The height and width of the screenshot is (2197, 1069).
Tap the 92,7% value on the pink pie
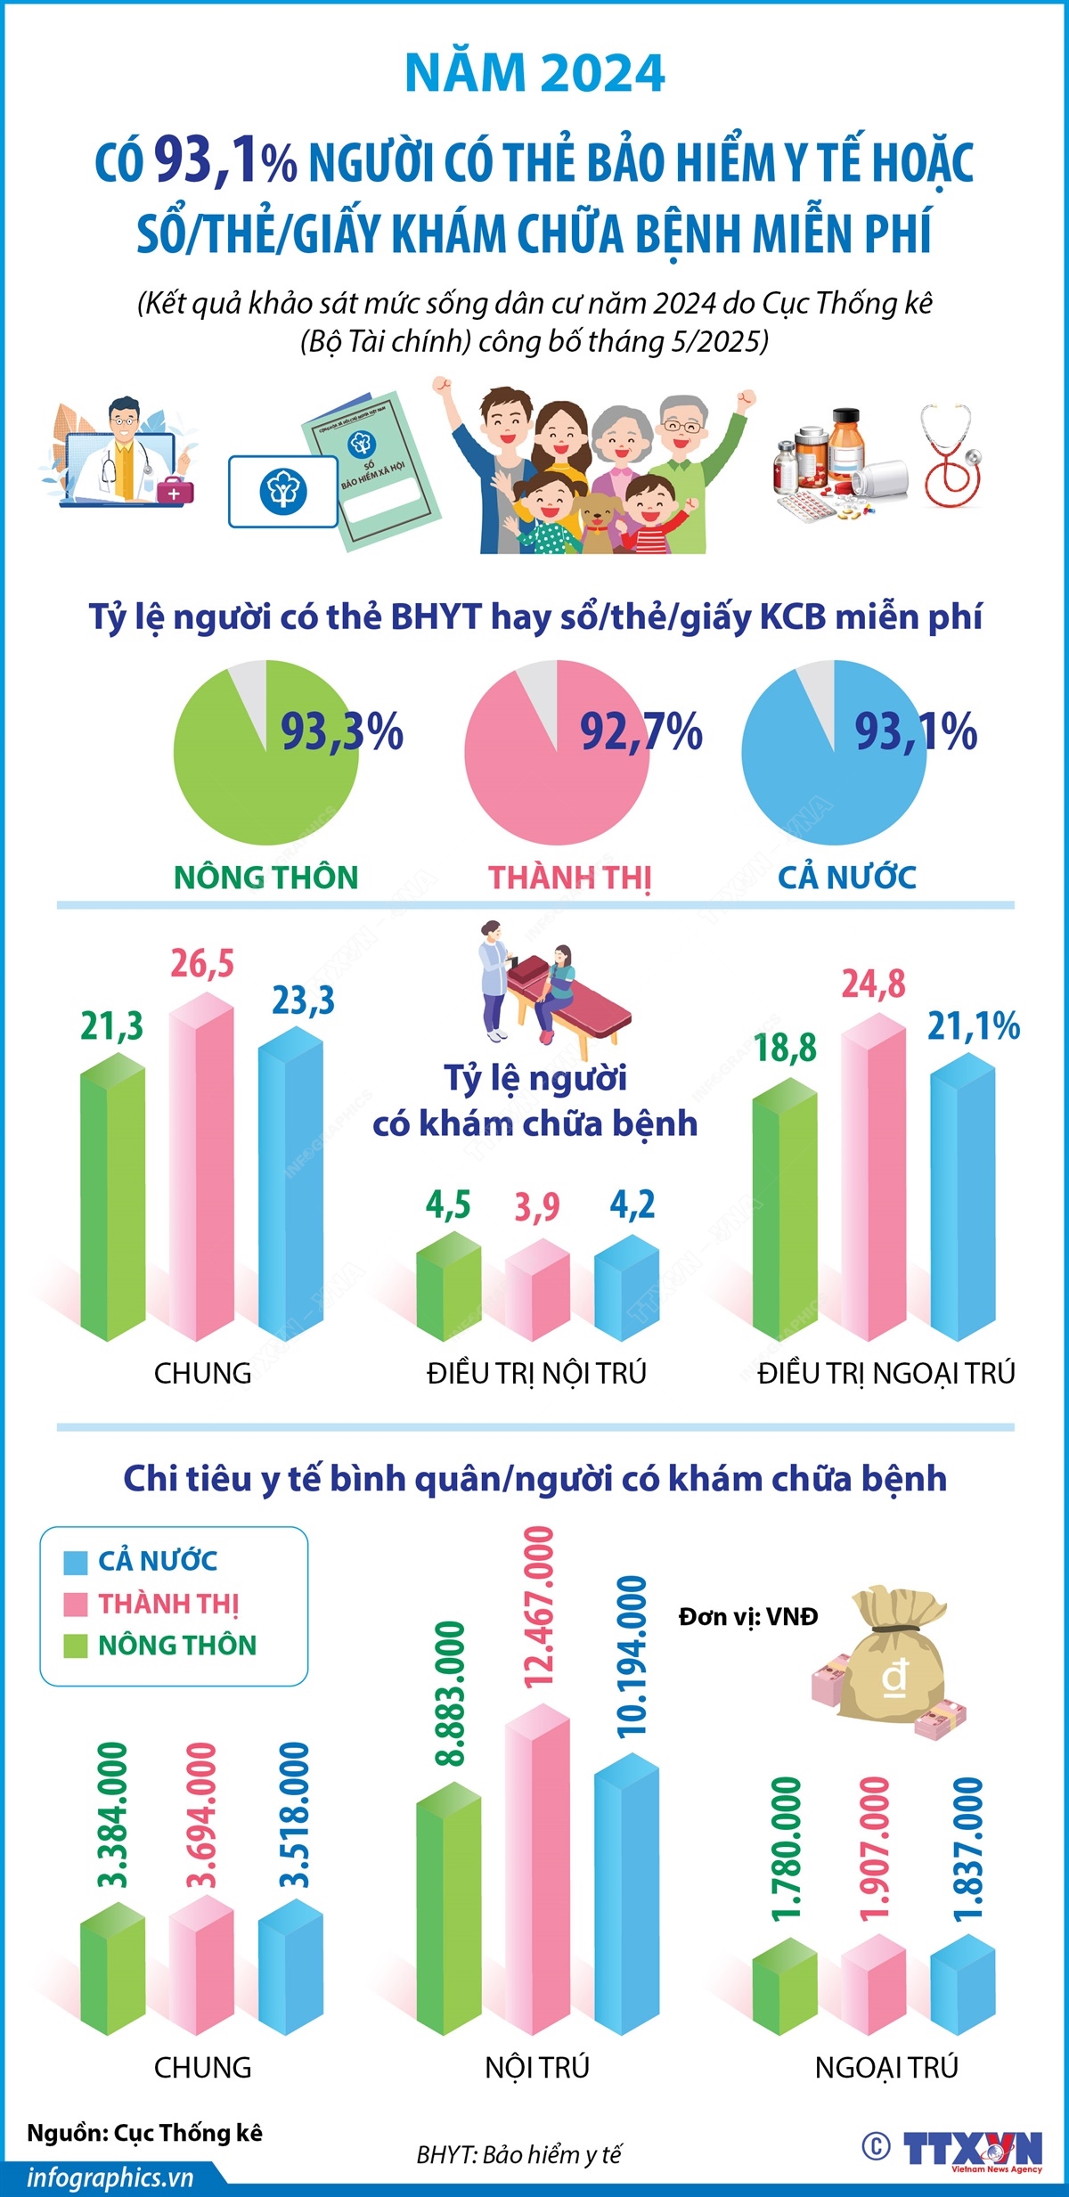pos(641,732)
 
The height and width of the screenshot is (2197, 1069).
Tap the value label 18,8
pos(785,1048)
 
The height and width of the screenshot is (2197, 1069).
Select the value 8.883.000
pos(451,1693)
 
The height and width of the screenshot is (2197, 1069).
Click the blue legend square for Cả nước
pos(76,1562)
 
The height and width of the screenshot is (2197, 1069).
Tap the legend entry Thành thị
pos(167,1604)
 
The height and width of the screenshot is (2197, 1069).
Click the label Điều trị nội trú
pos(536,1373)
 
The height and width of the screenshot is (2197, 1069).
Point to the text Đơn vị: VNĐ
pos(748,1616)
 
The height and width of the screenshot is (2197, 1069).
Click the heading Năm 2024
pos(534,73)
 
